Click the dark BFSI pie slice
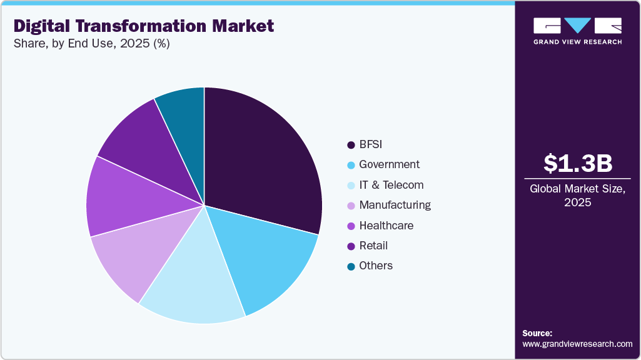(263, 156)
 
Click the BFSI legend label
(370, 144)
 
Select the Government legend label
(389, 164)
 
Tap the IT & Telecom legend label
(391, 185)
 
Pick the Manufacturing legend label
(395, 205)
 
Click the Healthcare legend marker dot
(351, 226)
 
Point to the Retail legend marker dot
(351, 246)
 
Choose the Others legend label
(376, 266)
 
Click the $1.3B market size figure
(577, 163)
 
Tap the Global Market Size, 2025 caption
(577, 196)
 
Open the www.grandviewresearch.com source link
(577, 344)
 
